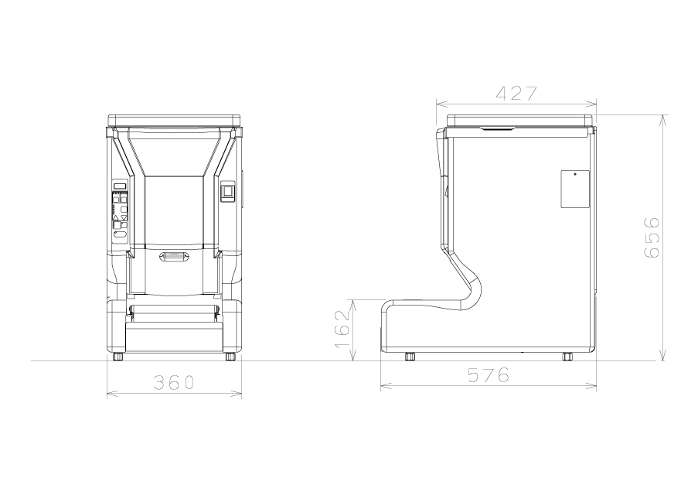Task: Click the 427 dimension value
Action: (x=517, y=94)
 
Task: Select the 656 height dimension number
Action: (x=652, y=237)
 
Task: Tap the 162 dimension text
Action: (x=342, y=329)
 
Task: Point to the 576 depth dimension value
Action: (x=489, y=375)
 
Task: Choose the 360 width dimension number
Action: (x=174, y=383)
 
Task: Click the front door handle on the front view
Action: (x=174, y=257)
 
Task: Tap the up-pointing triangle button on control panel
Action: (x=116, y=218)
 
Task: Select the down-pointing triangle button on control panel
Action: (x=124, y=218)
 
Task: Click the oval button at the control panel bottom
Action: (x=120, y=234)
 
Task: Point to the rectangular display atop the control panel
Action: (x=120, y=186)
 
